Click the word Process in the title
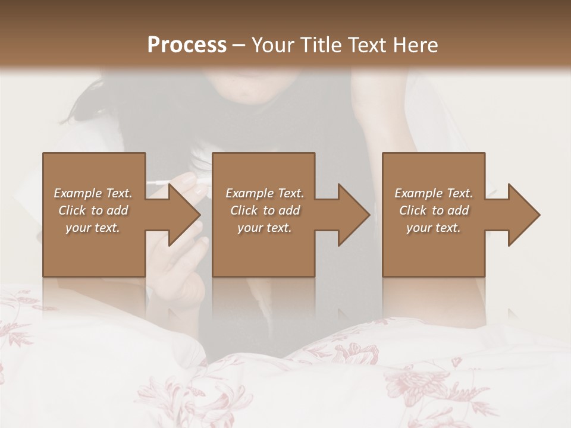point(187,45)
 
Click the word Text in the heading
point(367,45)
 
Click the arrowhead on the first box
point(181,215)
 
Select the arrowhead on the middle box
point(352,215)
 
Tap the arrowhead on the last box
point(522,215)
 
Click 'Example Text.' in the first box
point(93,193)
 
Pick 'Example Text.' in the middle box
point(265,193)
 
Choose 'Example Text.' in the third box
point(434,193)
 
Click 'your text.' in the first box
point(93,228)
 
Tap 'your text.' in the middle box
point(265,228)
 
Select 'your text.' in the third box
point(434,228)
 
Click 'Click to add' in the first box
point(93,210)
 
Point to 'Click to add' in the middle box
point(265,210)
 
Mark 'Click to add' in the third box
point(434,210)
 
